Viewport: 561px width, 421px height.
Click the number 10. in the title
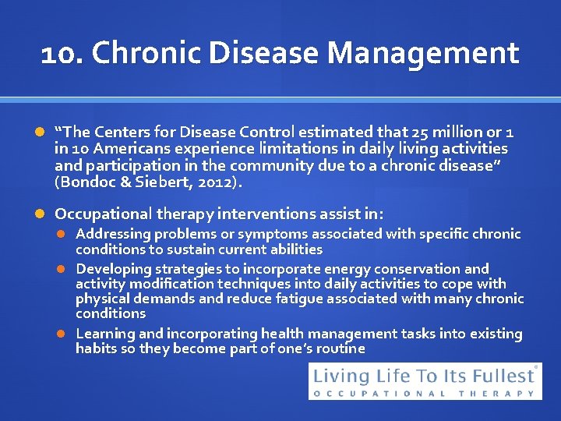[x=62, y=54]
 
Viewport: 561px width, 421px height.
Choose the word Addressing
[x=113, y=234]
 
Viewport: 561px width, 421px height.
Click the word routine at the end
[x=337, y=348]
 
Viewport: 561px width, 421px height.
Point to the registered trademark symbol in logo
[x=536, y=367]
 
